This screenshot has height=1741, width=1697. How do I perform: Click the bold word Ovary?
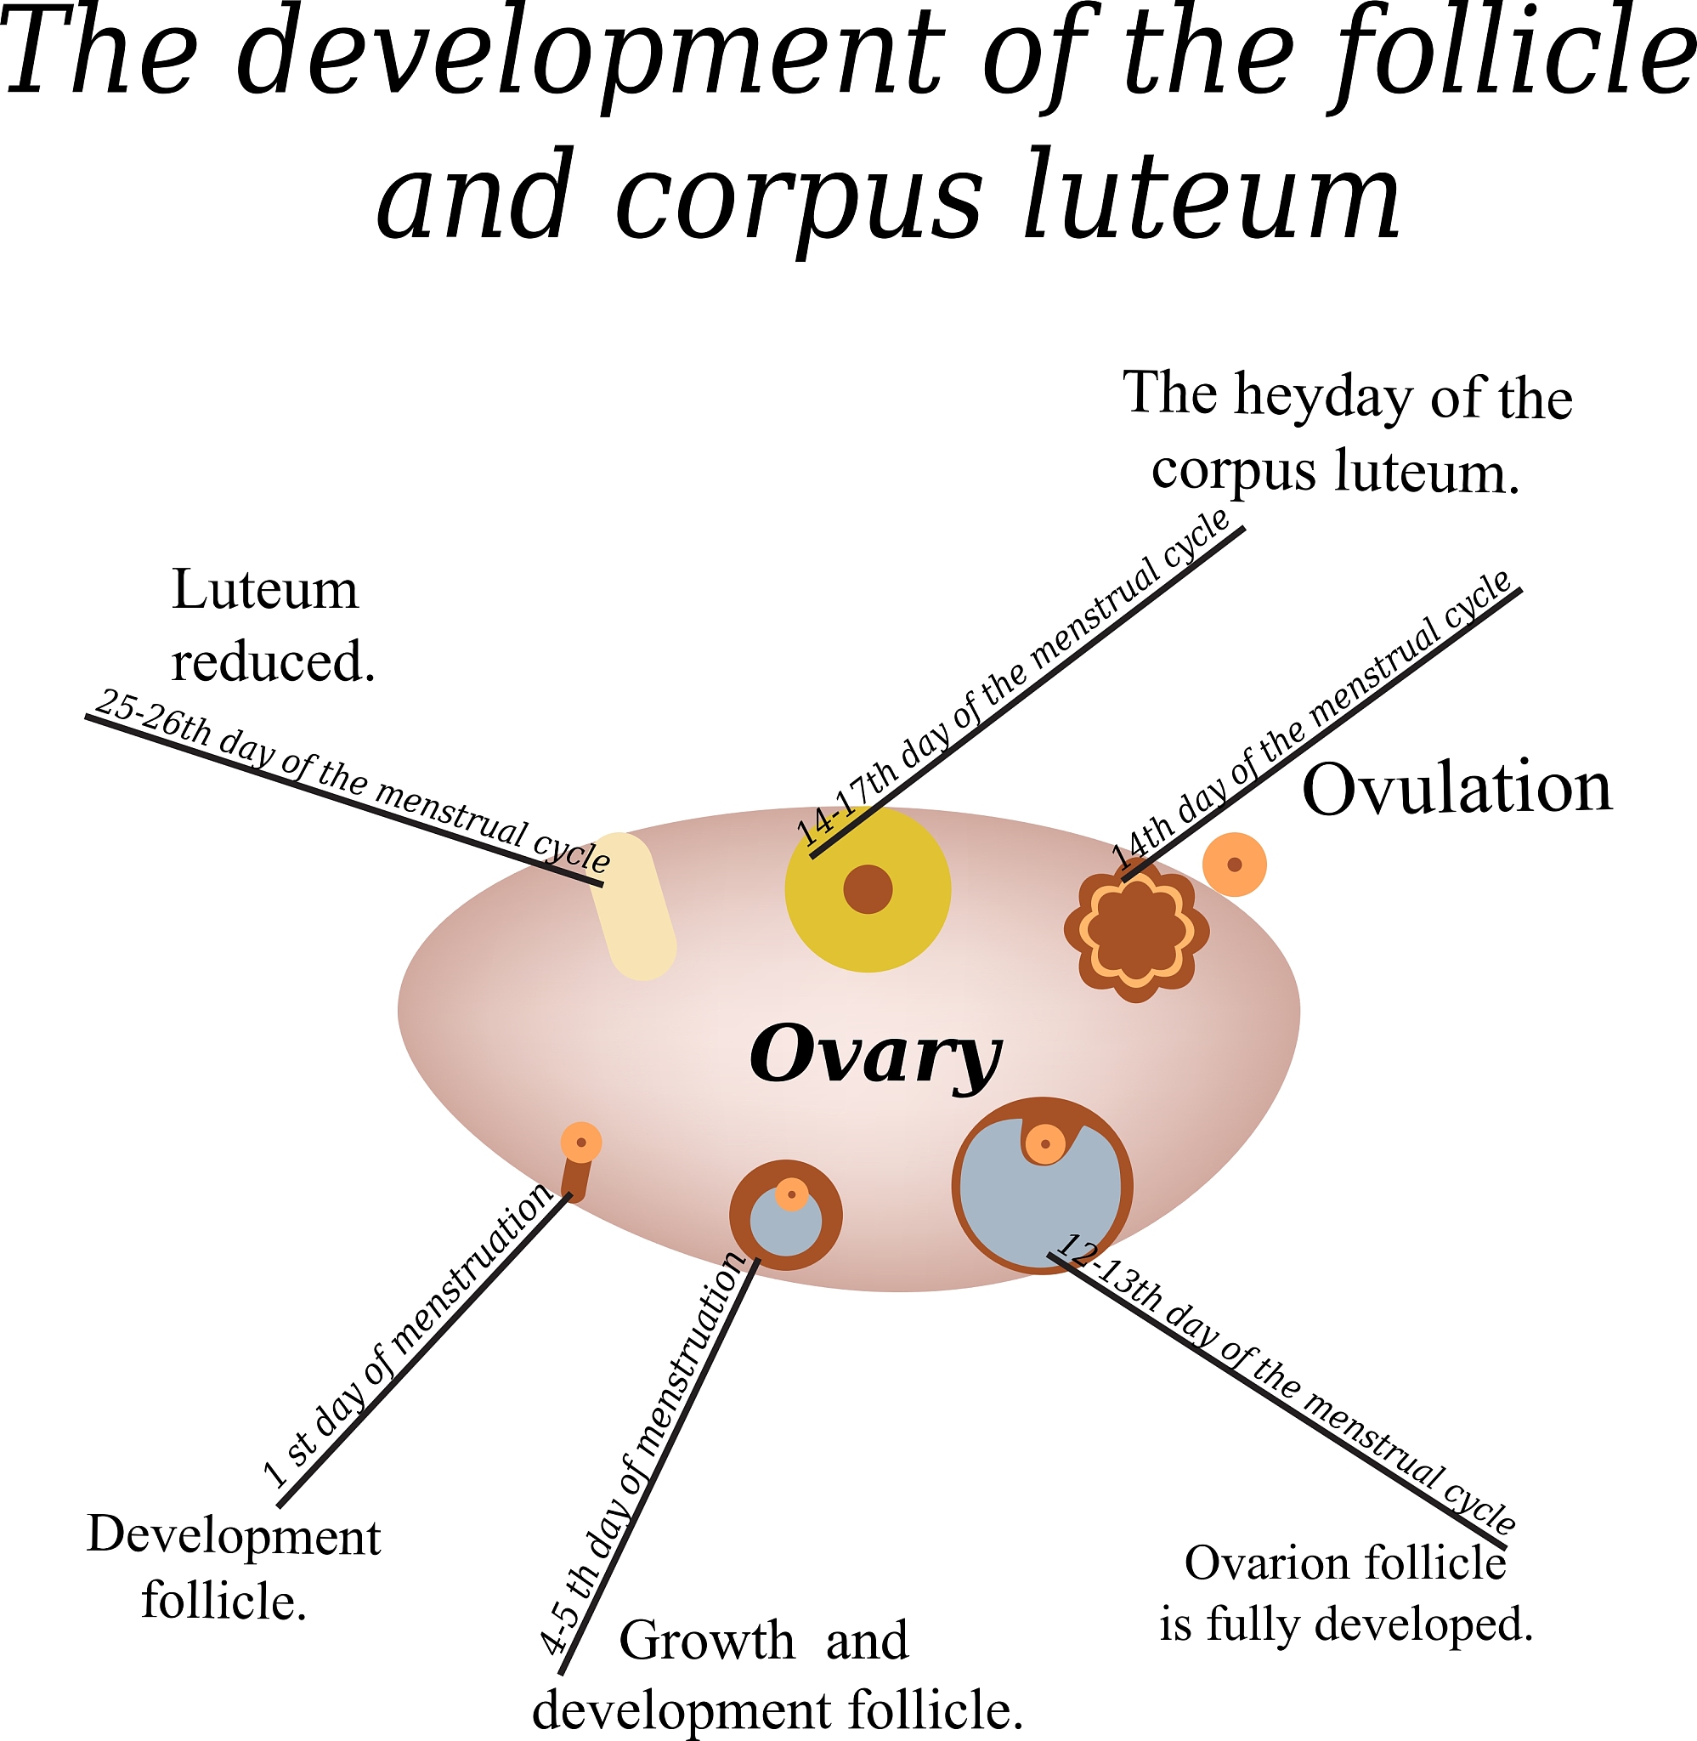[x=875, y=1056]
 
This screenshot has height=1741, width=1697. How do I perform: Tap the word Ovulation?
[x=1457, y=789]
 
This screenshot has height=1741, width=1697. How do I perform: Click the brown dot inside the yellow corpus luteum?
[x=868, y=888]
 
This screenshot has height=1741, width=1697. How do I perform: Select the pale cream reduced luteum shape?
[x=634, y=905]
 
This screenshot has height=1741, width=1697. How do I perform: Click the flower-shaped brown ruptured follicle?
[x=1135, y=931]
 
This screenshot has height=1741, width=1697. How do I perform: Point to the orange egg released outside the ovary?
[x=1235, y=864]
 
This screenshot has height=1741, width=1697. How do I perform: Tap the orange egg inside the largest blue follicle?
[x=1044, y=1143]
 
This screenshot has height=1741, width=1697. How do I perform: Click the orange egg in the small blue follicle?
[x=791, y=1194]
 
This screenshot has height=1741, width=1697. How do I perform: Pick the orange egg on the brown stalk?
[x=581, y=1143]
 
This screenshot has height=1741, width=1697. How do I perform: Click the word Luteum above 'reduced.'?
[x=265, y=590]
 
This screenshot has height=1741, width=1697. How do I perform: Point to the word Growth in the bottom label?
[x=706, y=1641]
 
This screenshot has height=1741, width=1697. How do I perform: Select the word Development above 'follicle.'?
[x=234, y=1536]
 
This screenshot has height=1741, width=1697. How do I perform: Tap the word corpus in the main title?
[x=798, y=201]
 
